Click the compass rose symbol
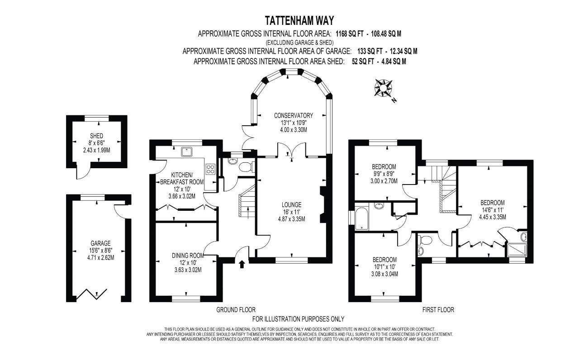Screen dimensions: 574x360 tap(383, 88)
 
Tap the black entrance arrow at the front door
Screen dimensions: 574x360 tap(242, 264)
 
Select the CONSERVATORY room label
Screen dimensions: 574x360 tap(294, 116)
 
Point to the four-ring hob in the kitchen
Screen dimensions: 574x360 tap(211, 169)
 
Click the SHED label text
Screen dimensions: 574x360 tap(97, 136)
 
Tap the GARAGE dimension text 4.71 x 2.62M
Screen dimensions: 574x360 tap(100, 257)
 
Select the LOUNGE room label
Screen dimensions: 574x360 tap(292, 205)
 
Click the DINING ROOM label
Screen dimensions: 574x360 tap(188, 256)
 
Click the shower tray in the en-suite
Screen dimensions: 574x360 tap(517, 250)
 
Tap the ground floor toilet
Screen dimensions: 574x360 tap(247, 167)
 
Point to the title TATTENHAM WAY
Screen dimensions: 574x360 tap(299, 20)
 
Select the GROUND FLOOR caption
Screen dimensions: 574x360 tap(236, 310)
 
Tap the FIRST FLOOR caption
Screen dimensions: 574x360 tap(438, 310)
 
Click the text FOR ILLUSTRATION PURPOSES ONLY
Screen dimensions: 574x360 tap(298, 319)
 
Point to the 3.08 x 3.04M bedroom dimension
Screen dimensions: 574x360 tap(384, 274)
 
